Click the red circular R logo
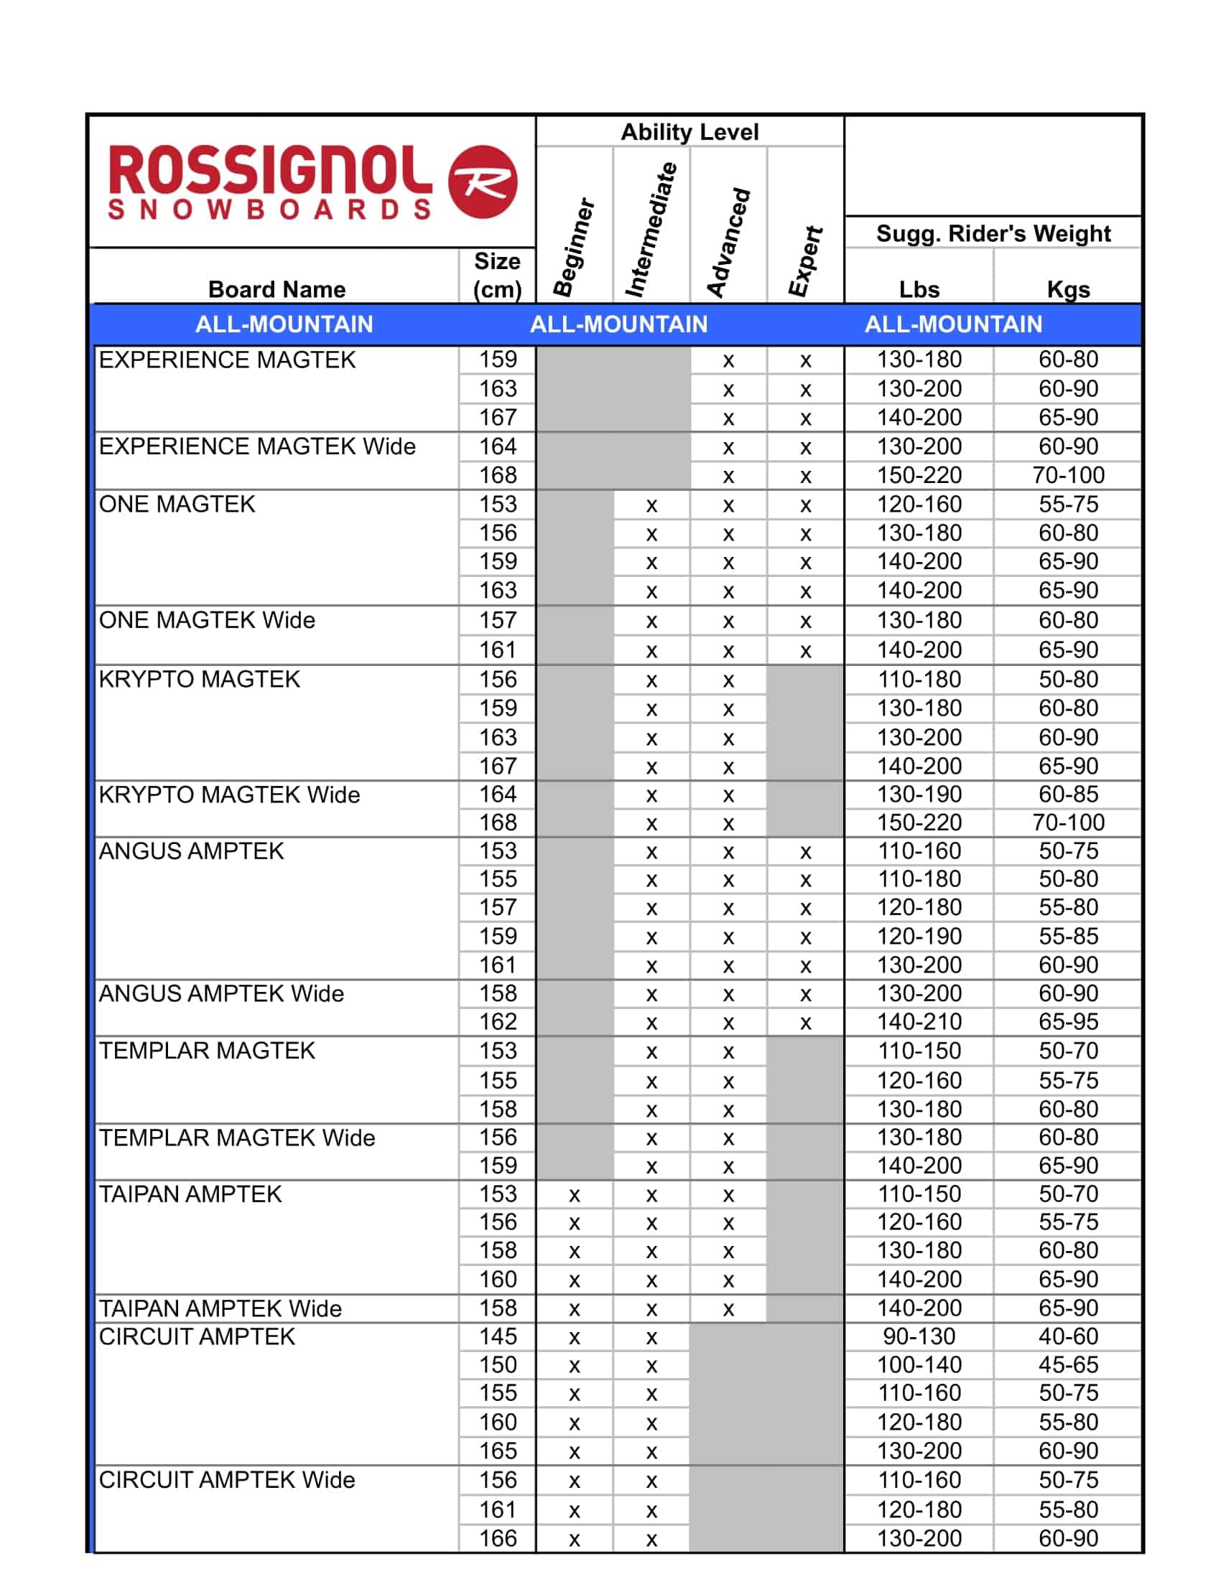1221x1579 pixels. pos(483,182)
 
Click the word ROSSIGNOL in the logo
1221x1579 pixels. pos(270,171)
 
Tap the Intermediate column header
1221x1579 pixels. pos(651,230)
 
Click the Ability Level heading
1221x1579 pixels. pos(690,132)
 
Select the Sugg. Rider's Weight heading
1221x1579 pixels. pos(993,233)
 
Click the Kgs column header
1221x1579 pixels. pos(1067,289)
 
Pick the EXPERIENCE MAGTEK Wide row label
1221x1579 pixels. pos(258,446)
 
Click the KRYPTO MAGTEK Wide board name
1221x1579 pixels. pos(229,795)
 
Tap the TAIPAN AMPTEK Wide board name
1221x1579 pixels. pos(220,1308)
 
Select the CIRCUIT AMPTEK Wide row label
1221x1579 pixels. pos(226,1480)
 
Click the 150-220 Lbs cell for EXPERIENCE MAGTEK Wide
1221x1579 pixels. pos(919,475)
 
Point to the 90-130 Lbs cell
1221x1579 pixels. pos(919,1337)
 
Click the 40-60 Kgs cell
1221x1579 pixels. pos(1067,1337)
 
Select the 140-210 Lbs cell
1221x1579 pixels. pos(919,1021)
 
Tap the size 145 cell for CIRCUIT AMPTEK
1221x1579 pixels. pos(498,1337)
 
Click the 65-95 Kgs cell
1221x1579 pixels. pos(1067,1021)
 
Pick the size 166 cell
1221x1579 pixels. pos(498,1539)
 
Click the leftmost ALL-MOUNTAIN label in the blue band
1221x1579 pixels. pos(284,324)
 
